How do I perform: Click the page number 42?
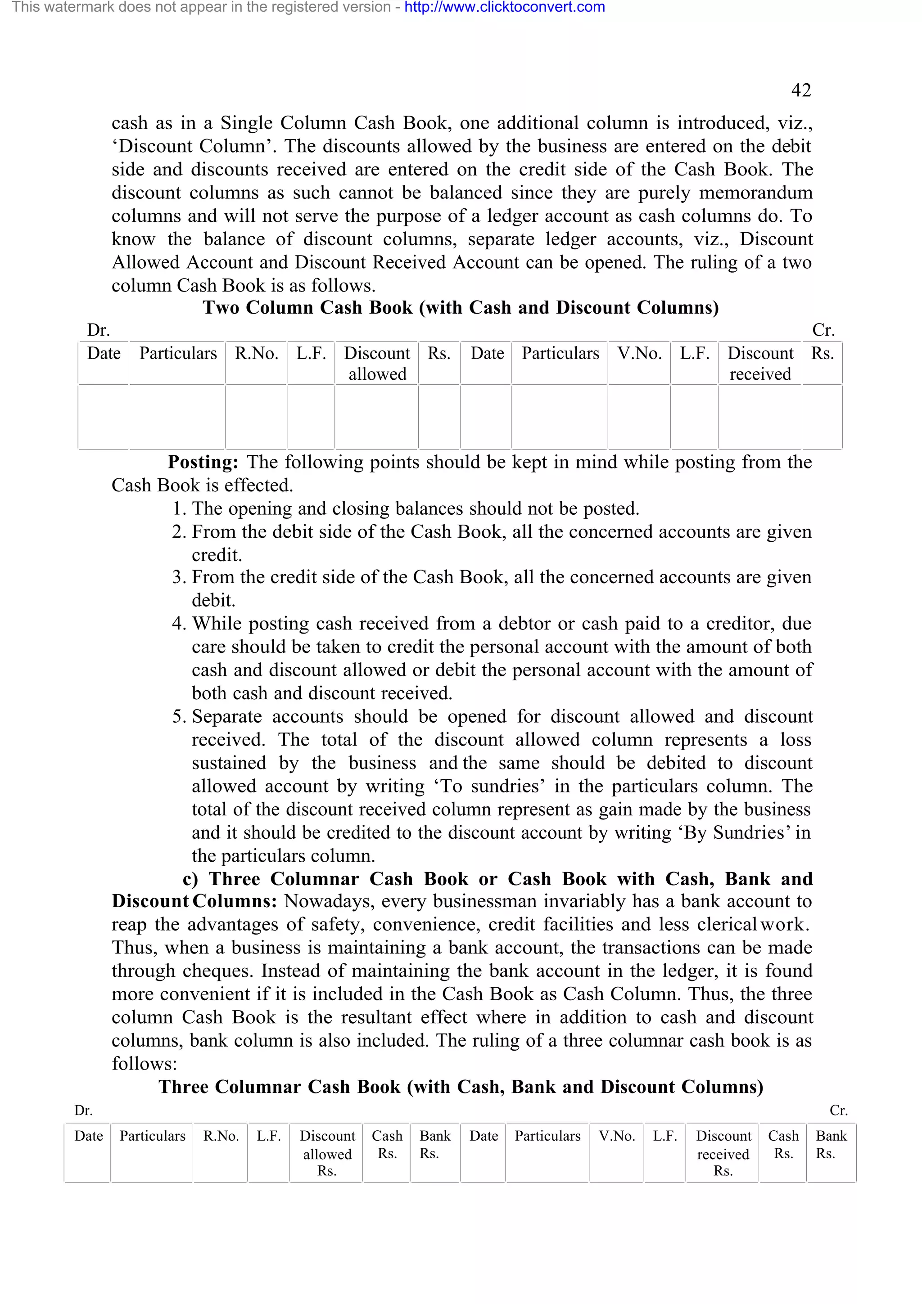(x=800, y=90)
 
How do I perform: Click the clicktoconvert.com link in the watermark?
(x=505, y=7)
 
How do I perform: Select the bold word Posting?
(x=203, y=462)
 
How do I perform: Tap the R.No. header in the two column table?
(x=256, y=354)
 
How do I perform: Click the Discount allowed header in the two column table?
(x=377, y=364)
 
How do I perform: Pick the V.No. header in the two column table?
(x=639, y=354)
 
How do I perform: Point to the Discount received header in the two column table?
(x=760, y=364)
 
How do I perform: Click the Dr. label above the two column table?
(x=98, y=330)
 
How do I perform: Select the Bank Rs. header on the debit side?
(x=434, y=1144)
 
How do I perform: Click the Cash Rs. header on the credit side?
(x=783, y=1144)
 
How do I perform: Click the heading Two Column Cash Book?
(x=461, y=307)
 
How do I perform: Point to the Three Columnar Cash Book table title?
(x=461, y=1087)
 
